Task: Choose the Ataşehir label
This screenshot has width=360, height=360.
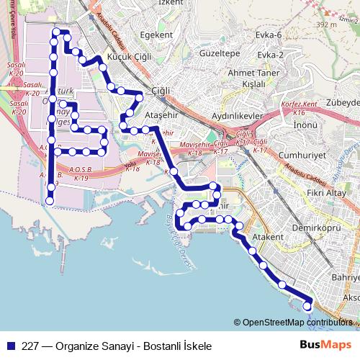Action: pyautogui.click(x=161, y=115)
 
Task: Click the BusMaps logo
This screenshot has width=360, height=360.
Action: pyautogui.click(x=326, y=344)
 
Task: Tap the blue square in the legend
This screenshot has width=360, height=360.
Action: pyautogui.click(x=10, y=344)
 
